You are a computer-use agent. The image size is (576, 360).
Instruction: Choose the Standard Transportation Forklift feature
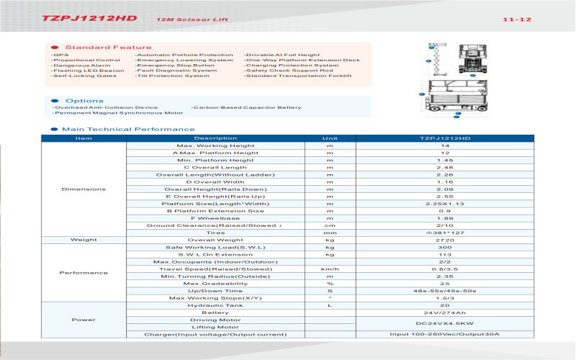[298, 76]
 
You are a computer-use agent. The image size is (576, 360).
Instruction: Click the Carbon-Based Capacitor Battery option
[246, 107]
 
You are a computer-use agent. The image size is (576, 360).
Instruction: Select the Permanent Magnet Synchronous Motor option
[118, 113]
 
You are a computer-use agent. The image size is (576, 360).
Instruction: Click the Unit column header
[330, 138]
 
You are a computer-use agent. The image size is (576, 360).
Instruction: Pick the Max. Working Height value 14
[445, 145]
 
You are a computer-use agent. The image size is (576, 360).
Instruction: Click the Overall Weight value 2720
[445, 240]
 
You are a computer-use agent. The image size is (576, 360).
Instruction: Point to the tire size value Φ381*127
[445, 233]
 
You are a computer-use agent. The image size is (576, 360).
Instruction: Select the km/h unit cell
[330, 269]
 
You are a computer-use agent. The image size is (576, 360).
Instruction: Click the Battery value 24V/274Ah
[445, 312]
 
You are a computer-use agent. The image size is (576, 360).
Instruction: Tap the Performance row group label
[84, 273]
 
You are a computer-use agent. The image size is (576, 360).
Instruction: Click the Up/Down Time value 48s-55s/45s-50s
[445, 290]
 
